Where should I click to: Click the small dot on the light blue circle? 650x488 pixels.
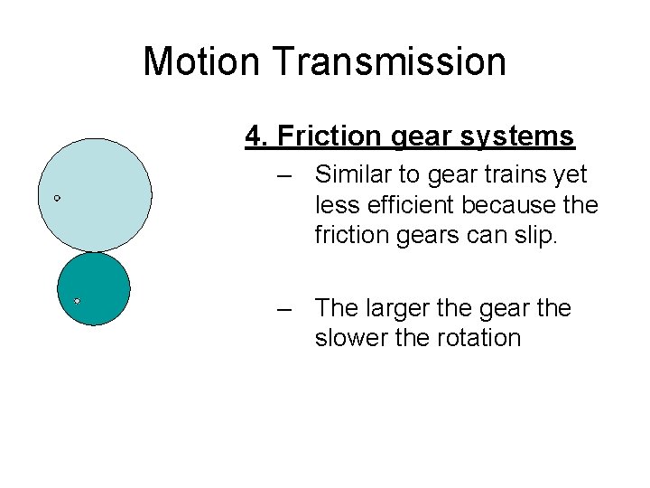point(57,197)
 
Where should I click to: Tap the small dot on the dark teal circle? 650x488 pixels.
point(78,300)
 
